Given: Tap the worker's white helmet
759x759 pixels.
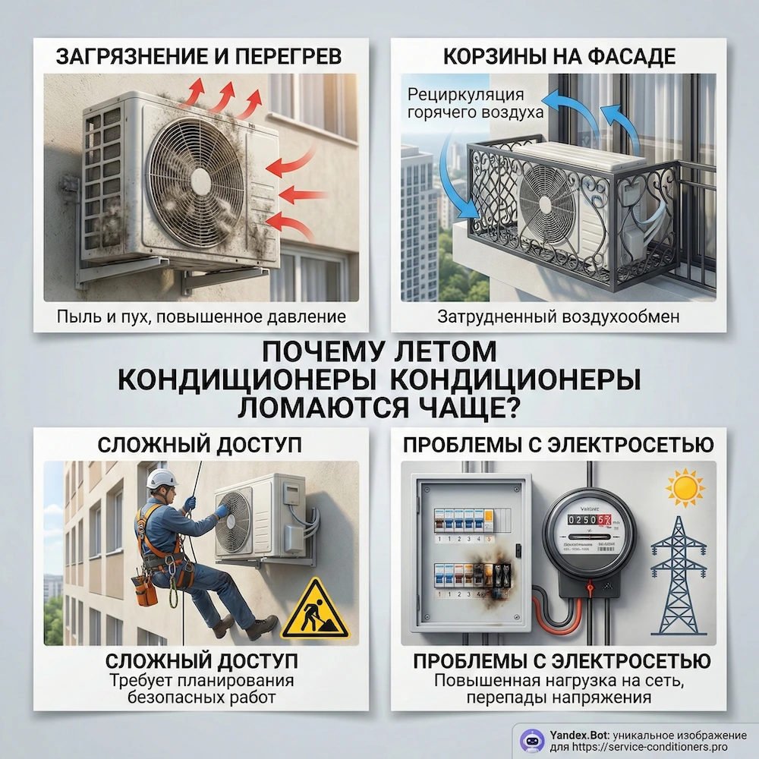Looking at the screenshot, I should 161,478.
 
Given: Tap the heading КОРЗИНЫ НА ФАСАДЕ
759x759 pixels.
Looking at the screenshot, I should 558,56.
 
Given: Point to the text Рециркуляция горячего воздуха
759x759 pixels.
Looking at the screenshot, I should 476,104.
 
